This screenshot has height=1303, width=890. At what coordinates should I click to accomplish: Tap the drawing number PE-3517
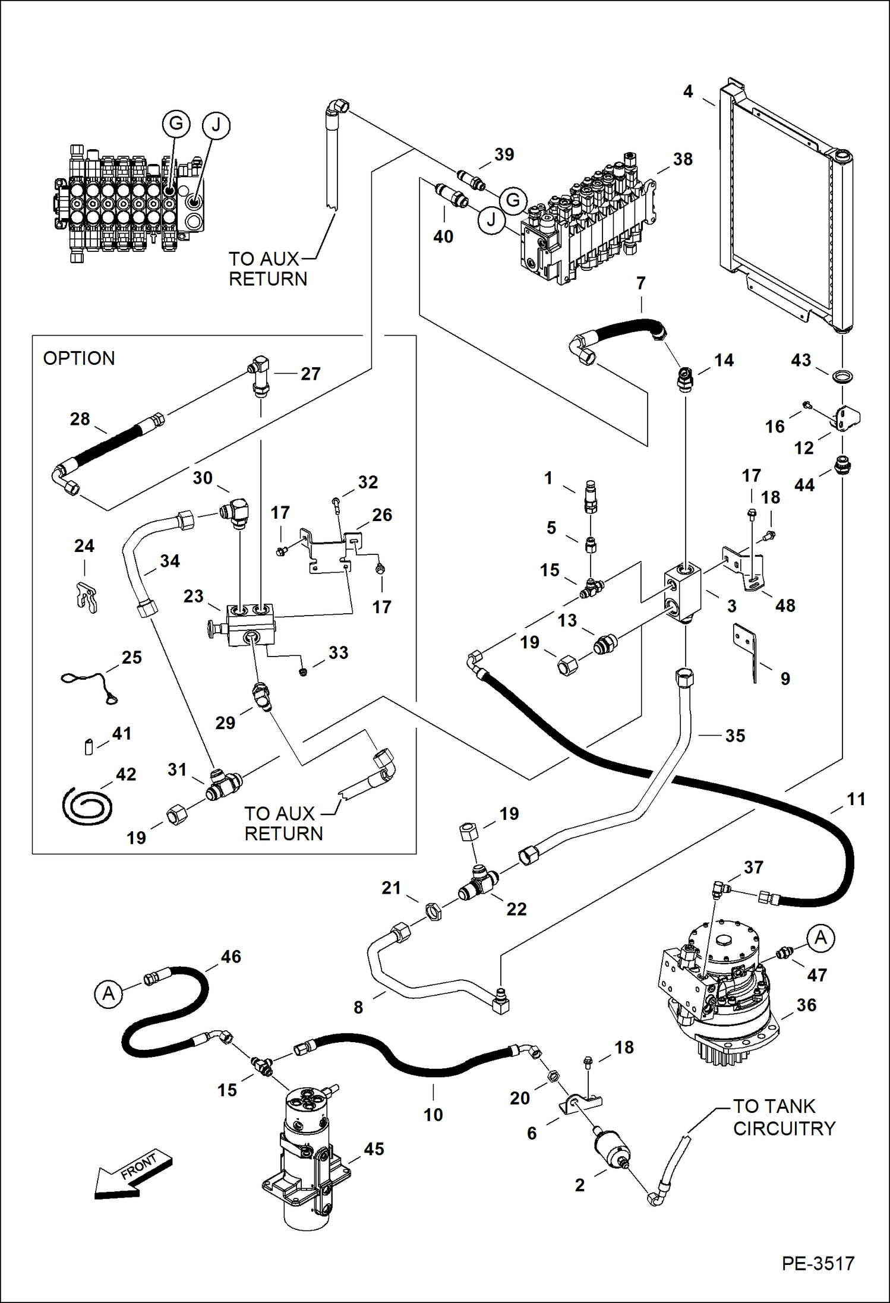(818, 1263)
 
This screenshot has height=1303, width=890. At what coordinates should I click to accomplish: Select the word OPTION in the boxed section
(79, 358)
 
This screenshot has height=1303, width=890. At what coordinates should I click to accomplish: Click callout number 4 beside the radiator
(687, 91)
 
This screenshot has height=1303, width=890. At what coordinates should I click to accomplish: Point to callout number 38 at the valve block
(683, 159)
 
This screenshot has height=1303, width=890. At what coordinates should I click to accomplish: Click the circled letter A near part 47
(820, 938)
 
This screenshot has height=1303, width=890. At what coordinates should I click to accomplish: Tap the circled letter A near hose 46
(108, 993)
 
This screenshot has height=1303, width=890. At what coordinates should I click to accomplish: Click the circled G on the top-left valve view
(176, 124)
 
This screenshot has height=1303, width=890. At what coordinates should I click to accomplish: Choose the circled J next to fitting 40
(491, 220)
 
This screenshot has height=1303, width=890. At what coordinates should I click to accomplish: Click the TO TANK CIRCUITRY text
(784, 1117)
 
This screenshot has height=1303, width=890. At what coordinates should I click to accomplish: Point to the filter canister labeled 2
(609, 1153)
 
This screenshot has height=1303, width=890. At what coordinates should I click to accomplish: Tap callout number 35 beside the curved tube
(735, 736)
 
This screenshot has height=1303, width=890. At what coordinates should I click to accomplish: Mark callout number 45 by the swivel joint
(374, 1149)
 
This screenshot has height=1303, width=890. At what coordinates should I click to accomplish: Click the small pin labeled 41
(89, 746)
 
